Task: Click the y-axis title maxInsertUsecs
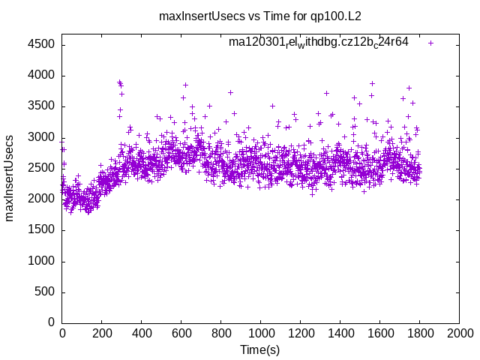10,178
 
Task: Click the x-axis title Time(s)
259,349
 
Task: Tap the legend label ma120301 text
319,42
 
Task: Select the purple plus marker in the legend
430,43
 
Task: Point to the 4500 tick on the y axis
41,44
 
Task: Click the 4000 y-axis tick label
41,75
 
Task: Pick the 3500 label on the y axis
41,106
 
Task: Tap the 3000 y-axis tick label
41,137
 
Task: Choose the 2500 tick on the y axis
41,168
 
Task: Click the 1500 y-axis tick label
41,230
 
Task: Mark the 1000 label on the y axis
41,261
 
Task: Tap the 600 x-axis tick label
181,332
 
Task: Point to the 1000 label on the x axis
260,332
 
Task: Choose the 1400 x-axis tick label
340,332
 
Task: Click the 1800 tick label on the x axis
419,332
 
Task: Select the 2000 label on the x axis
459,332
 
